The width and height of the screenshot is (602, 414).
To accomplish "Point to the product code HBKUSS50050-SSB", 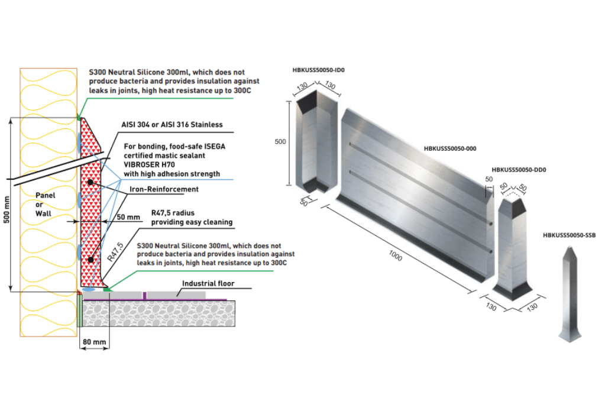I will (569, 235).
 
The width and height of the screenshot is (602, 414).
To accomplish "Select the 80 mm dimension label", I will (95, 342).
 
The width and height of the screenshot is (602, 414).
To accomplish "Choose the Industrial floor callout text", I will (208, 283).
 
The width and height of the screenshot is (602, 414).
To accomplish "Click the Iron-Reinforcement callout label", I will (164, 189).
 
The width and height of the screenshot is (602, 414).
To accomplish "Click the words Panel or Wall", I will (45, 203).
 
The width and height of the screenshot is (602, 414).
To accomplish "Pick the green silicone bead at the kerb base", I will (106, 289).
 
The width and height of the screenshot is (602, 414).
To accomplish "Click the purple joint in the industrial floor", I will (144, 295).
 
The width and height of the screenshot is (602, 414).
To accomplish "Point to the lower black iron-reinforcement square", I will (90, 260).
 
